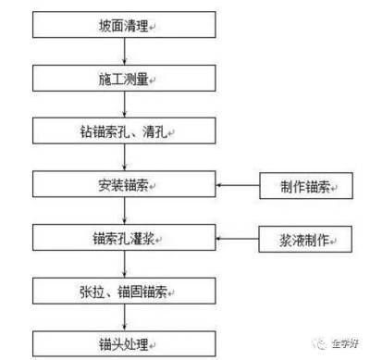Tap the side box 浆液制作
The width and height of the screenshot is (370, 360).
click(305, 240)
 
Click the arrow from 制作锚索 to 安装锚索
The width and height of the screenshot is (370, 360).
click(239, 187)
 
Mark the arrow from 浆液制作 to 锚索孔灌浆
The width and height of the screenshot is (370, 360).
click(239, 240)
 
